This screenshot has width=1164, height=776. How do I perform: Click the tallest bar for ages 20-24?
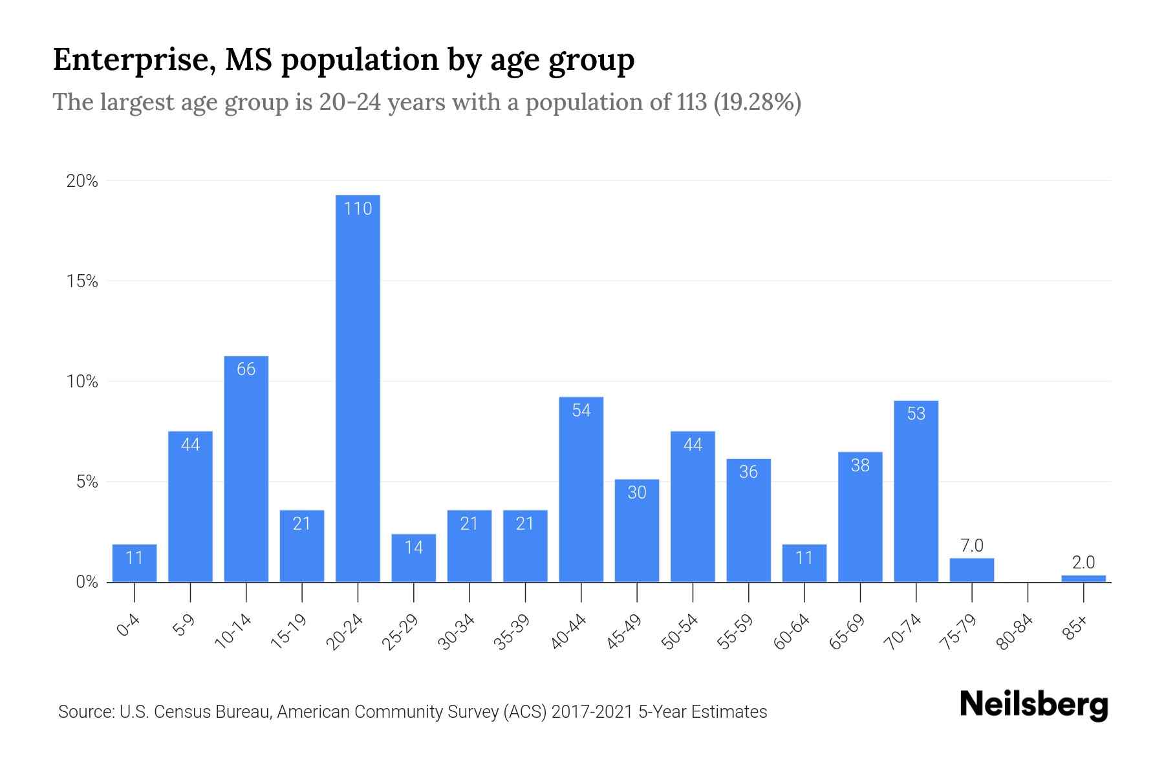(358, 388)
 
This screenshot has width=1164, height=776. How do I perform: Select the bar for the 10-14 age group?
(246, 469)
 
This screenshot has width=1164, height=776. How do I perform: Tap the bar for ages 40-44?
(581, 490)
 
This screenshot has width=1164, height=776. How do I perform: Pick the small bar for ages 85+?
(1083, 578)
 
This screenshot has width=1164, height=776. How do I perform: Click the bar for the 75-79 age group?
(971, 570)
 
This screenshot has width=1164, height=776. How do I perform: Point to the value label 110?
(358, 209)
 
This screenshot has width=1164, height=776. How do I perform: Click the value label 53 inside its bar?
(916, 414)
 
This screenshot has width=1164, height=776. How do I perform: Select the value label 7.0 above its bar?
(971, 546)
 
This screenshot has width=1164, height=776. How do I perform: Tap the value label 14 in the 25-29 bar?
(414, 548)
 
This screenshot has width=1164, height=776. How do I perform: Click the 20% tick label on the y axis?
(82, 181)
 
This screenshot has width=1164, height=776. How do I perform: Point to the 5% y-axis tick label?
(87, 482)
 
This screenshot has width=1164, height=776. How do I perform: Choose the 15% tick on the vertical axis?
(82, 281)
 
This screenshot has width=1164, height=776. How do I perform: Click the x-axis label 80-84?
(1015, 632)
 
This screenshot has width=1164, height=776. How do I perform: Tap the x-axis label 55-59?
(735, 632)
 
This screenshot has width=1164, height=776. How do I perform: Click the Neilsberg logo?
(1033, 705)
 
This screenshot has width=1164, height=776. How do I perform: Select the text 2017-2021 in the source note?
(592, 712)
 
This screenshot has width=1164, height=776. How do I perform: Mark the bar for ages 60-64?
(804, 563)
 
